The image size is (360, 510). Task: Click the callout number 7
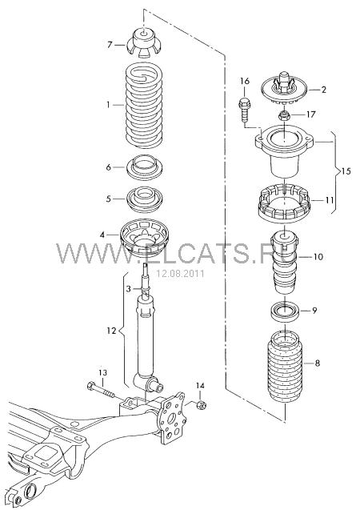(x=110, y=44)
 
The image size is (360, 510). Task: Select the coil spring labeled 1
(x=144, y=105)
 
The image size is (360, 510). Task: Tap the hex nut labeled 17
(x=285, y=114)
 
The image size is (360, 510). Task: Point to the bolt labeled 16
(x=244, y=109)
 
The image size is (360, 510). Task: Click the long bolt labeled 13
(x=101, y=390)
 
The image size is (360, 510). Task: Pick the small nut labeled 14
(x=202, y=405)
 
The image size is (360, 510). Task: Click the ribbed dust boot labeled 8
(x=285, y=367)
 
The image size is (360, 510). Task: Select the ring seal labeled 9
(x=285, y=311)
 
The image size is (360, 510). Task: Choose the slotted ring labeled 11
(x=284, y=203)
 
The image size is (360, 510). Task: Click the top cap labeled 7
(x=143, y=43)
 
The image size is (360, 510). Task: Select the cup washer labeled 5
(x=144, y=199)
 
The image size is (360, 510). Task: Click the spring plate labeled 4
(x=144, y=238)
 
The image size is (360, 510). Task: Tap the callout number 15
(x=346, y=171)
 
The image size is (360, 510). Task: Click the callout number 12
(x=111, y=331)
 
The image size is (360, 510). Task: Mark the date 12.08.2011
(x=181, y=274)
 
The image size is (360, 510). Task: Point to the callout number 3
(x=128, y=288)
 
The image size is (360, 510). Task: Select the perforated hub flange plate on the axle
(x=171, y=418)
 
